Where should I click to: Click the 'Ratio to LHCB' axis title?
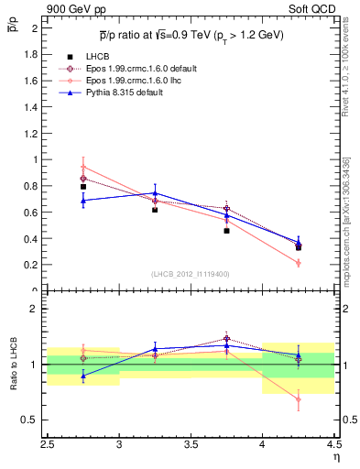tap(14, 364)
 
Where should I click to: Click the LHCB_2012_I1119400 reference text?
tap(191, 274)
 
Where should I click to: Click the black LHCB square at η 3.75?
tap(226, 231)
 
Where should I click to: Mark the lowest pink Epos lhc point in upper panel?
tap(298, 263)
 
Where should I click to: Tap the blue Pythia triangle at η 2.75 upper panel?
tap(83, 200)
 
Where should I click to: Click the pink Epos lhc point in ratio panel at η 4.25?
tap(298, 398)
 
